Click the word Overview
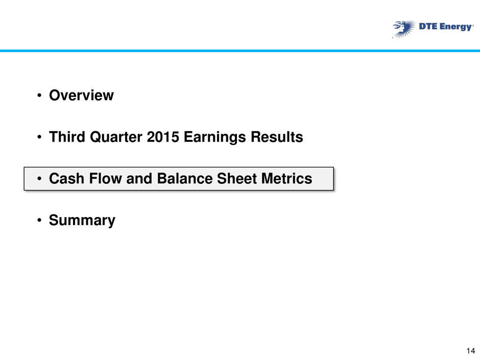(81, 95)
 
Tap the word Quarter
(116, 137)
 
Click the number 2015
(163, 137)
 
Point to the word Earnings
(215, 137)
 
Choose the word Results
(277, 137)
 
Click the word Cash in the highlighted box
(66, 179)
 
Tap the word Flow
(105, 179)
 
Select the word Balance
(184, 179)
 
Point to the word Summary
(82, 221)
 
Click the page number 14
(471, 351)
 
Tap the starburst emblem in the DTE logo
(404, 29)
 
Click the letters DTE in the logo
(428, 27)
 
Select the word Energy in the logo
(456, 27)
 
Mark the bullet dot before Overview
(39, 95)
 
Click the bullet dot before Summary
(39, 221)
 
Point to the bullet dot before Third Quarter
(39, 137)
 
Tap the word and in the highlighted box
(139, 179)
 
